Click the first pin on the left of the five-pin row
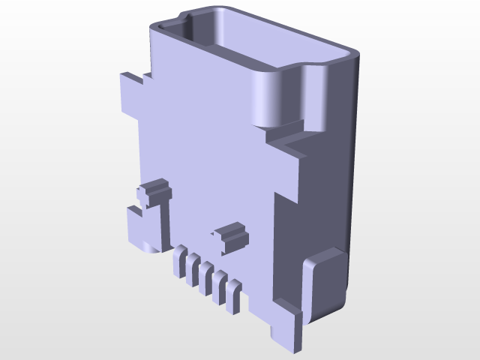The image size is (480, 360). [x=180, y=264]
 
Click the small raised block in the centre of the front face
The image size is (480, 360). [x=232, y=237]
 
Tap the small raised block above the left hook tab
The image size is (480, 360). [x=155, y=190]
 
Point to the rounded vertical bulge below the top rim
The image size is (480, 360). [x=270, y=97]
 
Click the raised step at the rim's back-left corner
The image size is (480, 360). [x=184, y=15]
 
